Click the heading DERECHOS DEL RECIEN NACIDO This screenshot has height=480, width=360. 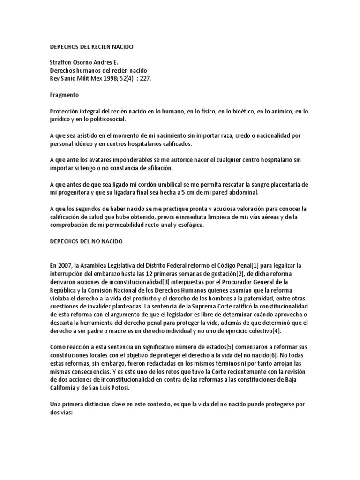click(x=91, y=47)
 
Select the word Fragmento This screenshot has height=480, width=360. click(x=65, y=94)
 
